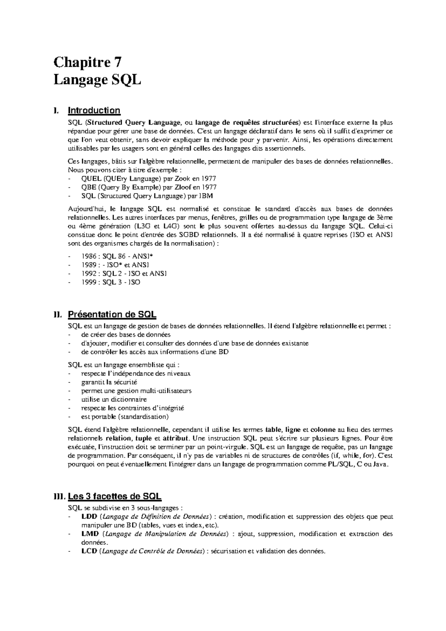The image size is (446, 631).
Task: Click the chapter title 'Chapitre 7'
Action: click(87, 61)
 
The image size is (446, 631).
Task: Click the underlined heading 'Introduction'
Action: click(94, 110)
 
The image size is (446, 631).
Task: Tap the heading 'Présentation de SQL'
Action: click(112, 314)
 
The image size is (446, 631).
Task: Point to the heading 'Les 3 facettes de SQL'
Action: click(114, 496)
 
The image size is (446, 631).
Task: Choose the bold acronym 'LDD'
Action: click(89, 516)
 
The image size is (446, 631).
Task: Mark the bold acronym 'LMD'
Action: click(90, 534)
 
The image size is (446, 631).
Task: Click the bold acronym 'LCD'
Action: click(89, 551)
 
